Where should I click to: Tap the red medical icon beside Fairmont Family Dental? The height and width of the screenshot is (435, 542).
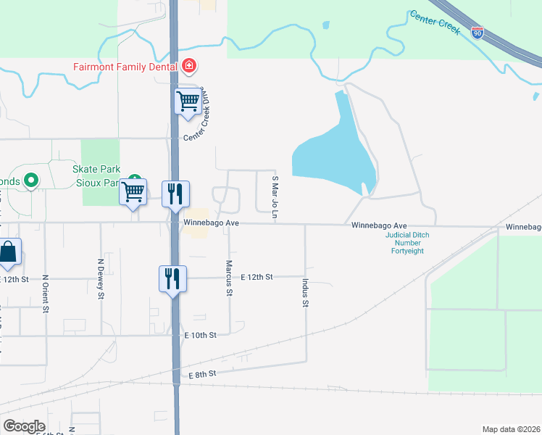click(189, 67)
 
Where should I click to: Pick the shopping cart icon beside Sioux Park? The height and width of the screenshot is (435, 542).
click(133, 191)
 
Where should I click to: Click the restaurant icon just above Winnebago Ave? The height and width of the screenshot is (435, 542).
click(175, 194)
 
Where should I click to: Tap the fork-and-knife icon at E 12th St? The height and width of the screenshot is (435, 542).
click(172, 278)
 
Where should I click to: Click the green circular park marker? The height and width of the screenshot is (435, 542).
click(30, 179)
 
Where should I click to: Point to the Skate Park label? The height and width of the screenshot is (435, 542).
click(91, 169)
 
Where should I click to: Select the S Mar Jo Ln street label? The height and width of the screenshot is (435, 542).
click(275, 198)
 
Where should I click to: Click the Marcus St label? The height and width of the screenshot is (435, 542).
click(229, 278)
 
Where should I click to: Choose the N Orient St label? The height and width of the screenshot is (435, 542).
click(45, 293)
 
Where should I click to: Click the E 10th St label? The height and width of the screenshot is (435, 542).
click(201, 335)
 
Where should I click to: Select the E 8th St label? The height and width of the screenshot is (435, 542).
click(203, 375)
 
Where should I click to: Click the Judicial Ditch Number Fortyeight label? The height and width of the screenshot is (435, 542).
click(408, 243)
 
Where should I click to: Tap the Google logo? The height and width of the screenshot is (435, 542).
click(25, 426)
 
